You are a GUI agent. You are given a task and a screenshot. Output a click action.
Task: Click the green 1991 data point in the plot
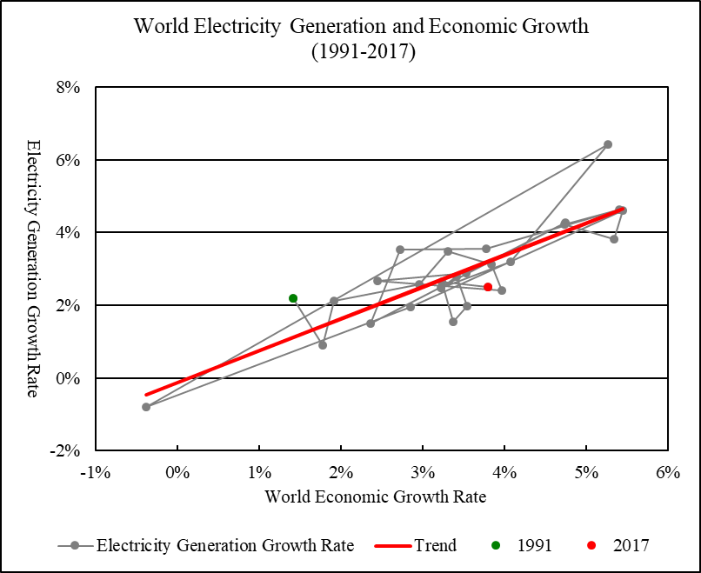click(294, 298)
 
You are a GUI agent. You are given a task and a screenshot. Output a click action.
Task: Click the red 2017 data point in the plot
click(488, 287)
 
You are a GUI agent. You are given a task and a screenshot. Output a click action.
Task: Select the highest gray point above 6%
click(608, 144)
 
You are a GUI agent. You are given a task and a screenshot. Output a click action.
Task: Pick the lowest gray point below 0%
click(146, 407)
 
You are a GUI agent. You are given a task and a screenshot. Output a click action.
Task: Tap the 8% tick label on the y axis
click(69, 88)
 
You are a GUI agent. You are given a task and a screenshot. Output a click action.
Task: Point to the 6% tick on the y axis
click(69, 161)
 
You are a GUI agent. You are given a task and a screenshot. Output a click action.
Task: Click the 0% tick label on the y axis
click(69, 379)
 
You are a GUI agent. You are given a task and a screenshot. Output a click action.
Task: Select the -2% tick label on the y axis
click(66, 451)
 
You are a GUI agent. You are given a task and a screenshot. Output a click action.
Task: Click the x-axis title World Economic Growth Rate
click(376, 497)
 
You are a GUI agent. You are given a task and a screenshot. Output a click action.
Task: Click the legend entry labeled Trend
click(434, 546)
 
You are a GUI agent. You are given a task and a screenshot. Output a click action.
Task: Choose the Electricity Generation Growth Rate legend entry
click(224, 546)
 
